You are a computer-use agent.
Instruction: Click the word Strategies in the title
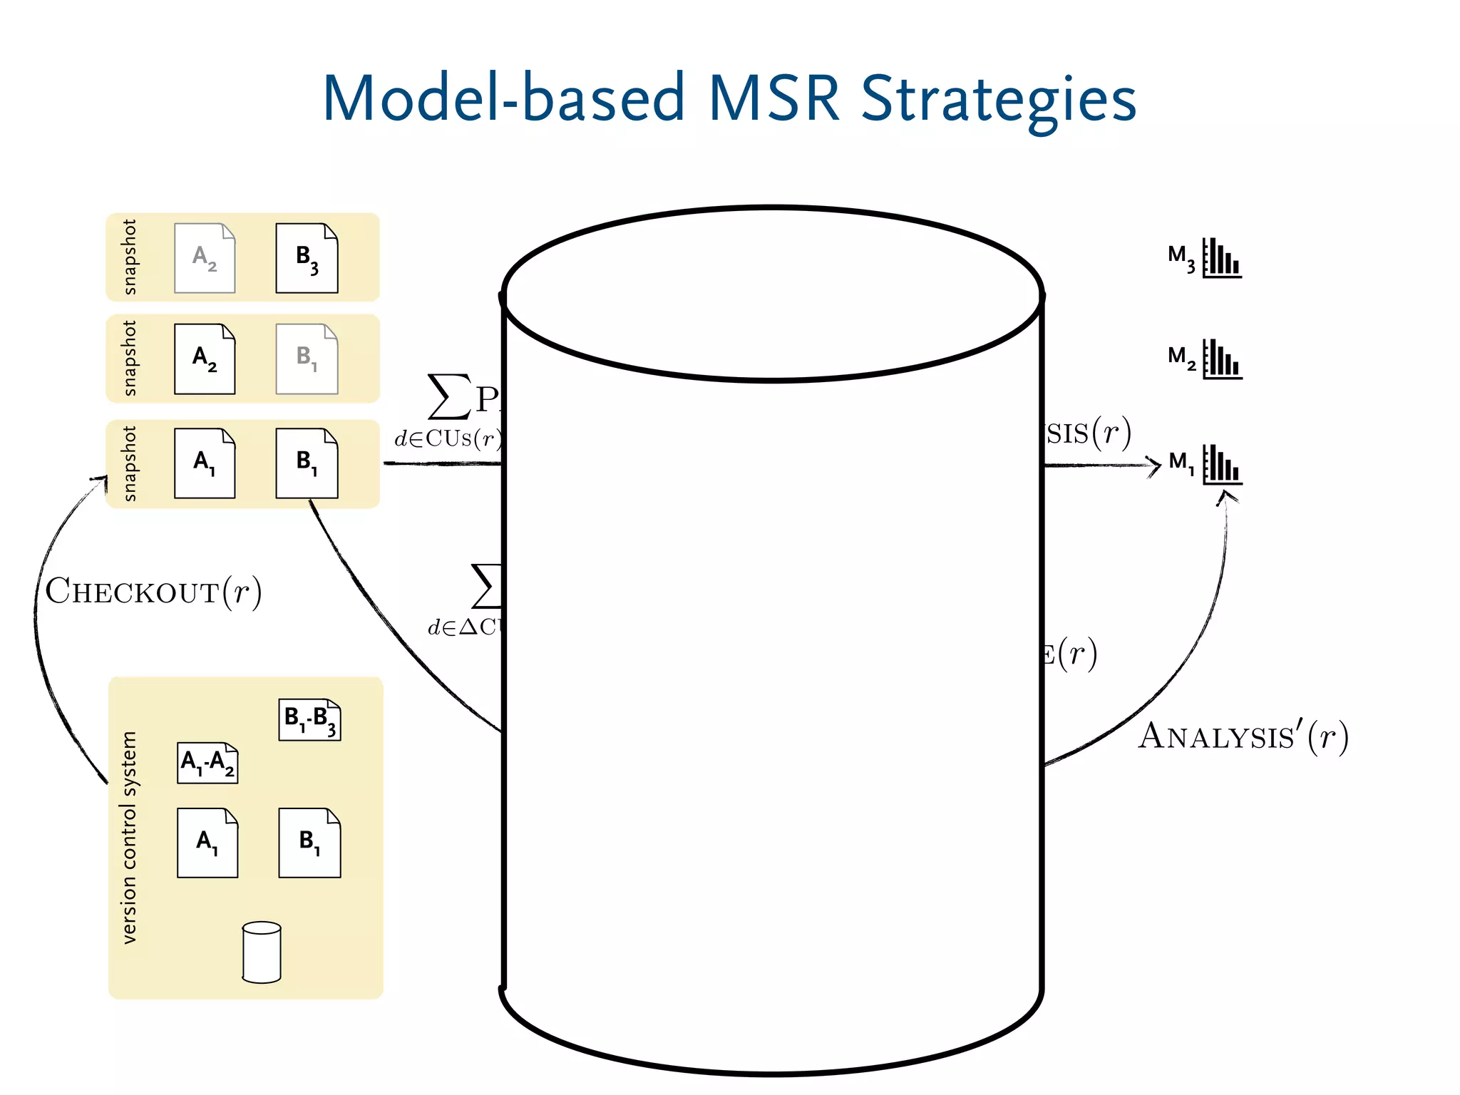pos(998,100)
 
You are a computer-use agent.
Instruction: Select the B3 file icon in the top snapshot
pos(307,258)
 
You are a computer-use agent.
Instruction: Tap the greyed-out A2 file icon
pos(205,258)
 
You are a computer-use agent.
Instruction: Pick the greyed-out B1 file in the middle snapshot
pos(307,359)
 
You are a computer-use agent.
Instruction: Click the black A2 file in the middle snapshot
pos(205,359)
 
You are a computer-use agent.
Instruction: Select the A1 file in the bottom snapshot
pos(205,463)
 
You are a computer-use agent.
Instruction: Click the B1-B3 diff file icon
pos(309,719)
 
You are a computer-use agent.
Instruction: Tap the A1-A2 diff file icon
pos(207,763)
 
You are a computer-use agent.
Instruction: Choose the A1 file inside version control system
pos(207,843)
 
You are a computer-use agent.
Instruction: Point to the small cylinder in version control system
pos(262,952)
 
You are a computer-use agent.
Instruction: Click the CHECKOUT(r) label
pos(153,592)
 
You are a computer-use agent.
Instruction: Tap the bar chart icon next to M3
pos(1222,258)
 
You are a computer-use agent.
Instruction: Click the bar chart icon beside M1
pos(1222,465)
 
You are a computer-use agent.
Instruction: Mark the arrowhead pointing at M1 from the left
pos(1153,466)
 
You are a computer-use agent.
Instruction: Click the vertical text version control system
pos(129,838)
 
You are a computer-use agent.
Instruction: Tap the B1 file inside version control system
pos(309,843)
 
